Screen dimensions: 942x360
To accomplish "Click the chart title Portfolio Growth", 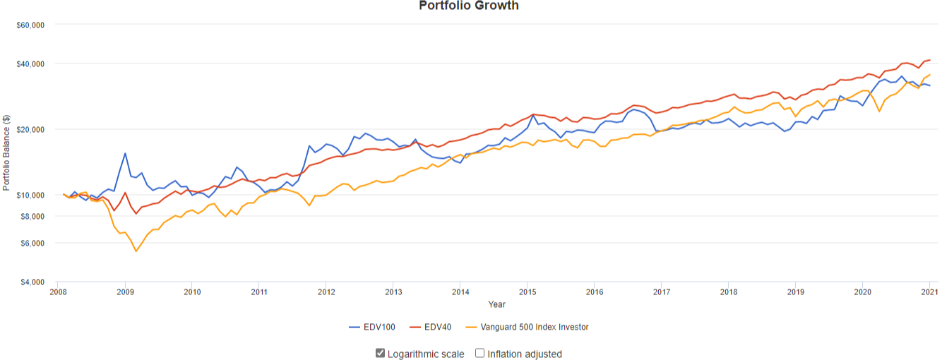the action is (468, 6).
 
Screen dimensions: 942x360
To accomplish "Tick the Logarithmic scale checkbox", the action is (380, 353).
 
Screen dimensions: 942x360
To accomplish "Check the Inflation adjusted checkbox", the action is (480, 353).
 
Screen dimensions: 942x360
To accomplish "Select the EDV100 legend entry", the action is (372, 328).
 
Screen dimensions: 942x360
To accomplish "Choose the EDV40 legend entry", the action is (431, 328).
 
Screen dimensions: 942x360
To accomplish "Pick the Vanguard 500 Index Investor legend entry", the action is (527, 328).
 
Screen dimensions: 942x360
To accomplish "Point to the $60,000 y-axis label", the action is (30, 25).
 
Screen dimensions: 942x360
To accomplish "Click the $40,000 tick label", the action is (30, 64).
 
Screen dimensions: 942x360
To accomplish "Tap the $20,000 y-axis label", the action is (30, 130).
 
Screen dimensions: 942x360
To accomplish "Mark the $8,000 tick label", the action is (32, 217).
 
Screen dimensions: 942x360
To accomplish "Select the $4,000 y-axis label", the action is (32, 282).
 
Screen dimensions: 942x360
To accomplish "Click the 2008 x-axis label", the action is (58, 292).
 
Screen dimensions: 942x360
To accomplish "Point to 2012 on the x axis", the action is (326, 292).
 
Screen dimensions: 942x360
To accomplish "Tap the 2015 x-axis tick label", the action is (527, 292).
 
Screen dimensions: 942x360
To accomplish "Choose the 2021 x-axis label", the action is (930, 292).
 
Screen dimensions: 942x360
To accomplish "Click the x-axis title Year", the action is (496, 304).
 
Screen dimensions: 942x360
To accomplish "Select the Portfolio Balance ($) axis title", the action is (6, 152).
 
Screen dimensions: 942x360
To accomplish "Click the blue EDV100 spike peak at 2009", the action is (125, 153).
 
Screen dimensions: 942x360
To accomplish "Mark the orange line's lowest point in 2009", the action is (136, 251).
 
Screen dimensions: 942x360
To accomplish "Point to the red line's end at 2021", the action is (929, 60).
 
